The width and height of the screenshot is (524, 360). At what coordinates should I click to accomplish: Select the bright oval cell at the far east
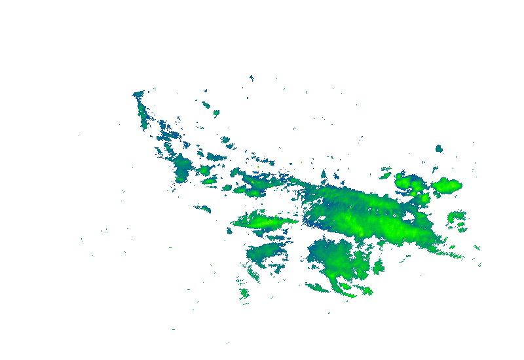coord(447,185)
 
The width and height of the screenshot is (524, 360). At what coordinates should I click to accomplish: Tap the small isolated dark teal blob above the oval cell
coord(439,149)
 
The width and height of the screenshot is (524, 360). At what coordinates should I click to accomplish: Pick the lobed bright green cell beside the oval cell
coord(411,183)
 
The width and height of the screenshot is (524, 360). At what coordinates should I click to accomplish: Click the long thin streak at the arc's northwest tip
coord(141,108)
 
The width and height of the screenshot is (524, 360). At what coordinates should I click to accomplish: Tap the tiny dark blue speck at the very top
coord(251,77)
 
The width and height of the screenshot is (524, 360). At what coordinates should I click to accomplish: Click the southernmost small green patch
coord(244,293)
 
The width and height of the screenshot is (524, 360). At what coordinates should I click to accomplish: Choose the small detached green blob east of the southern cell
coord(378,267)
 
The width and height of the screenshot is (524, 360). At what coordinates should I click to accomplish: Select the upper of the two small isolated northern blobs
coord(206,104)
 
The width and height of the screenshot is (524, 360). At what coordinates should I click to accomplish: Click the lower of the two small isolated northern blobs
coord(215,113)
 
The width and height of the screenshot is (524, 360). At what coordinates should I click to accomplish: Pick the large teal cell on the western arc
coord(182,167)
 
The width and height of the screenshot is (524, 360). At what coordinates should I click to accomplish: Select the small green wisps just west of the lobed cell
coord(385,173)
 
